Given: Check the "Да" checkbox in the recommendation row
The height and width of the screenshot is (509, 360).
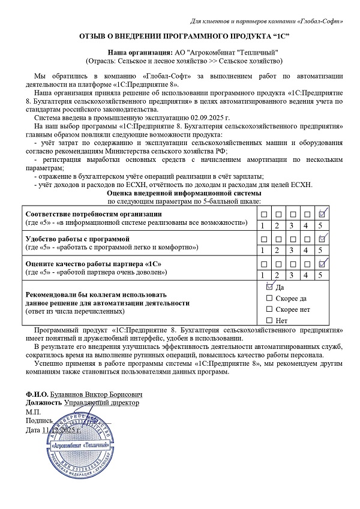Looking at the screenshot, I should [269, 287].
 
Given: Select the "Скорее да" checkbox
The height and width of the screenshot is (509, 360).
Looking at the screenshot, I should [269, 298].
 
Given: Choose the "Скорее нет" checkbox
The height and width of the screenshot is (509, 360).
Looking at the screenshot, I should [269, 309].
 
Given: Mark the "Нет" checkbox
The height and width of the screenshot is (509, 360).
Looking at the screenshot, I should [269, 320].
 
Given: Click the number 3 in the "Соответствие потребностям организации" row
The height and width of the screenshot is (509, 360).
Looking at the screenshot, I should [292, 225].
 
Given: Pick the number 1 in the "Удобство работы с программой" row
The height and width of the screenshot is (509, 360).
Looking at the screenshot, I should [262, 250].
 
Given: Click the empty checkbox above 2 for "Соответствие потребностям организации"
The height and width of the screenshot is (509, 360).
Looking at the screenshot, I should [277, 214].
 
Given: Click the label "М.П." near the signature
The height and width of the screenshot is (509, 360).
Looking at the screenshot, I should [32, 412].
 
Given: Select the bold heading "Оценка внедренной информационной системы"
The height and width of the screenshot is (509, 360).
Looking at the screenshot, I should [184, 194].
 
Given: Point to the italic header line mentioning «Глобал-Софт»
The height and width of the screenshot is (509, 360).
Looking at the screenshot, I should [266, 22].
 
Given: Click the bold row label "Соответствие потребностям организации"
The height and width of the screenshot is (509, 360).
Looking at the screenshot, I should [92, 215].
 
